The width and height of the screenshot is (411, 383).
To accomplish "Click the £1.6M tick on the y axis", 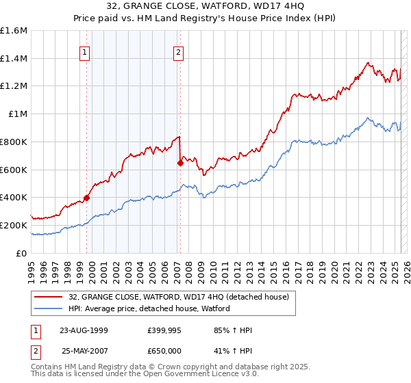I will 14,31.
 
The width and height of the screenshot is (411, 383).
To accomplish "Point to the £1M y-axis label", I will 17,114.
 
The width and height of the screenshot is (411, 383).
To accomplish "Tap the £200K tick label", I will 14,225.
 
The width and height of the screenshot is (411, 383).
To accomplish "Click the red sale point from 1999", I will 87,198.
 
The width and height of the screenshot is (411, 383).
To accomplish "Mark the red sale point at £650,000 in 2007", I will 180,163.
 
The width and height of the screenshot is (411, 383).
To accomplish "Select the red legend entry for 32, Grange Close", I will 178,297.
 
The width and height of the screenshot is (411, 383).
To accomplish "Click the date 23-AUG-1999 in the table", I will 83,330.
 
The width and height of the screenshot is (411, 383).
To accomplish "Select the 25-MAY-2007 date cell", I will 83,350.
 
